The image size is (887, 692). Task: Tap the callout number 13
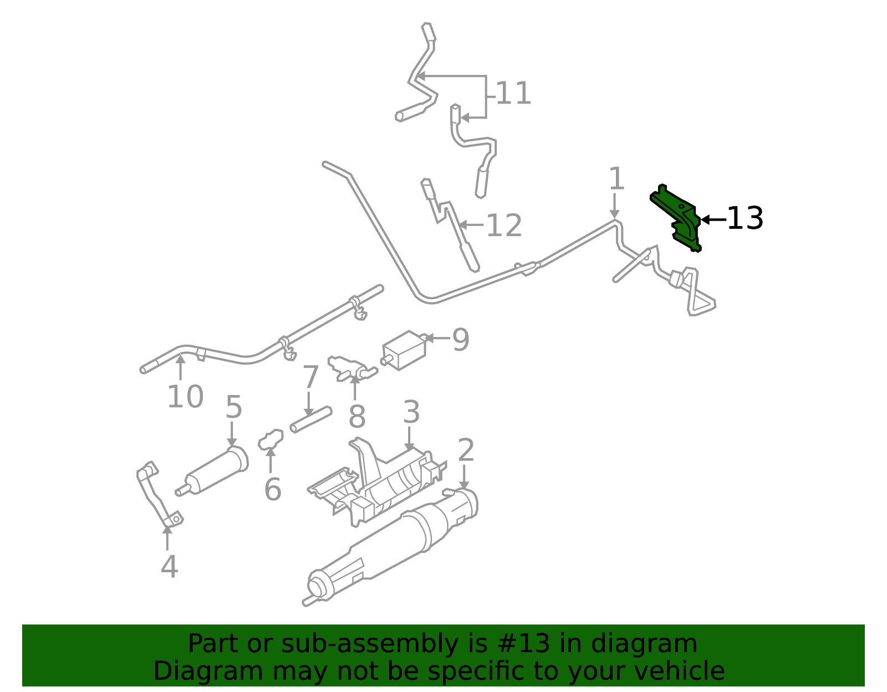click(x=745, y=218)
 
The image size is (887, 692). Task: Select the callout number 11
click(x=513, y=94)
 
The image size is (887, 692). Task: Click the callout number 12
click(x=504, y=225)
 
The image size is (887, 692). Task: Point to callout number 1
click(x=616, y=178)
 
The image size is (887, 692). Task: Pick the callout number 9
click(x=461, y=340)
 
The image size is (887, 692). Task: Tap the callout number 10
click(x=185, y=396)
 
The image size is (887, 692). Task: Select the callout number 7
click(x=310, y=377)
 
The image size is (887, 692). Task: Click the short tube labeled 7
click(x=311, y=419)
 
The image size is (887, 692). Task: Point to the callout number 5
click(x=234, y=407)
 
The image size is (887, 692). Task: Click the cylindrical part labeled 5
click(x=212, y=472)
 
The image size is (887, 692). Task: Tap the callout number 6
click(x=273, y=489)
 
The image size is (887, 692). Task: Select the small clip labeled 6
click(x=271, y=439)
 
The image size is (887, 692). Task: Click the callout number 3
click(x=411, y=412)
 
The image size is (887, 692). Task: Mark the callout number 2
click(x=466, y=450)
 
